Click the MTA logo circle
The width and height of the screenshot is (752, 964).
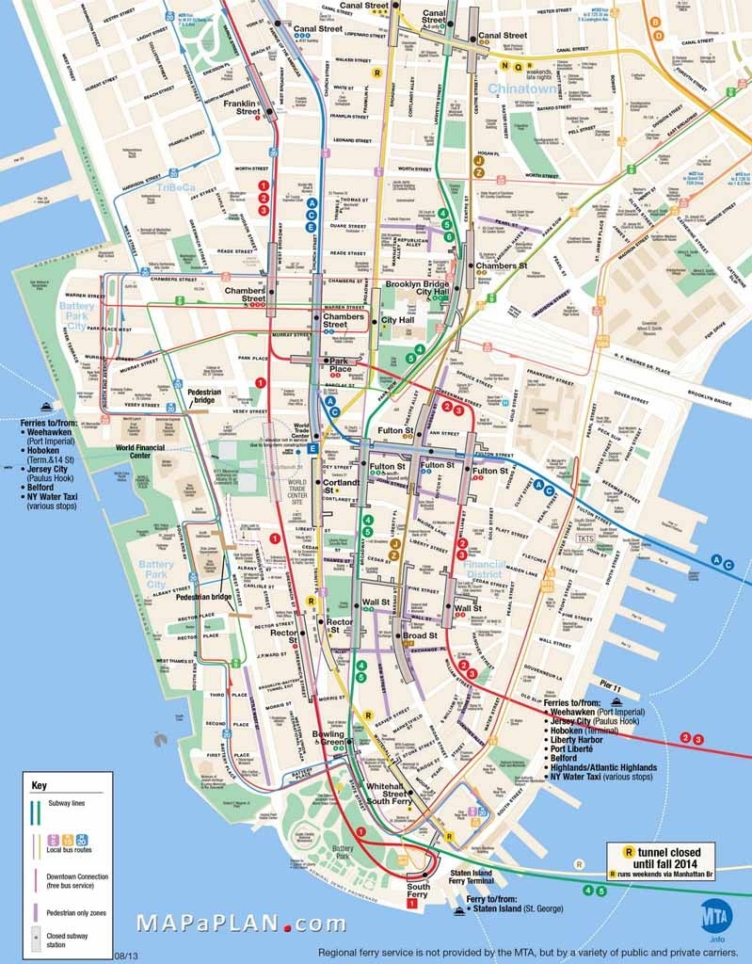click(x=716, y=915)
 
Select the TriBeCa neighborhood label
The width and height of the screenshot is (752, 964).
click(x=176, y=187)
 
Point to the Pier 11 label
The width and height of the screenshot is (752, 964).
click(x=612, y=689)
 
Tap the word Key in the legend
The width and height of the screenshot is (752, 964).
click(x=39, y=784)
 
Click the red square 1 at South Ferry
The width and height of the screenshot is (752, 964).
click(x=411, y=904)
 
